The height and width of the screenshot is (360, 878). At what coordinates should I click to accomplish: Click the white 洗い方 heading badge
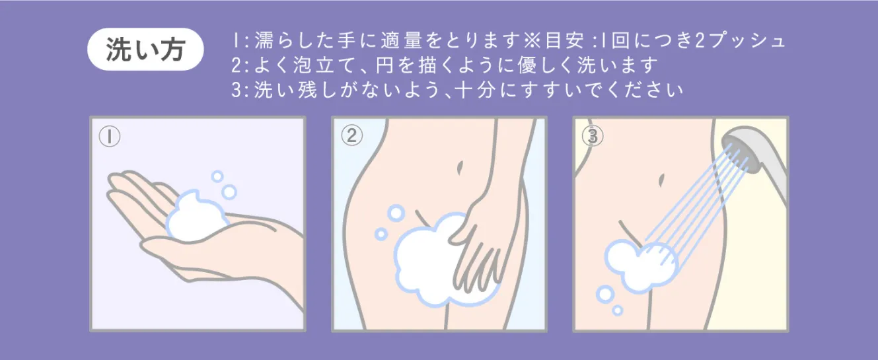tap(145, 50)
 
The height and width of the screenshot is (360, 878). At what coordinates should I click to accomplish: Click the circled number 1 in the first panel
tap(110, 136)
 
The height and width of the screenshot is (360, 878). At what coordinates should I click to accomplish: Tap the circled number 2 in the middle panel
tap(351, 135)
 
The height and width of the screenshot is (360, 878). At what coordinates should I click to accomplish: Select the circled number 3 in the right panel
tap(593, 136)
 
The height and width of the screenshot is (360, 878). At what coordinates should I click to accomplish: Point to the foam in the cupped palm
tap(196, 217)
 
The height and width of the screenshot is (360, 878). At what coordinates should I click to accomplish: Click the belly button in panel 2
tap(460, 168)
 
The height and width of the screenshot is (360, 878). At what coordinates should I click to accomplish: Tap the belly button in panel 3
tap(661, 180)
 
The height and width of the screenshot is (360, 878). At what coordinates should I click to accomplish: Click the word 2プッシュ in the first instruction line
tap(740, 41)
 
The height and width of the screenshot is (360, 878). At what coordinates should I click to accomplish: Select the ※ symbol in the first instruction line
tap(532, 41)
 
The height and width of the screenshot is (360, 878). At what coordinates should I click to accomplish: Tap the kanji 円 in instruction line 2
tap(384, 65)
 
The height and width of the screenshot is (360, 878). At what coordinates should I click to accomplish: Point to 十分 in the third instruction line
tap(474, 90)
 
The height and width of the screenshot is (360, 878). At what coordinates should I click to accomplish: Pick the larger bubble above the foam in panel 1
tap(229, 192)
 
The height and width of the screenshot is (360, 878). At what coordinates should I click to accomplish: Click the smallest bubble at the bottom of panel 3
tap(618, 310)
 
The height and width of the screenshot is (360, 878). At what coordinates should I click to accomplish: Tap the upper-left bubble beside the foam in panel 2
tap(396, 213)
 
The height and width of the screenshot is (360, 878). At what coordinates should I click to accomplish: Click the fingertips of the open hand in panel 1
tap(114, 184)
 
